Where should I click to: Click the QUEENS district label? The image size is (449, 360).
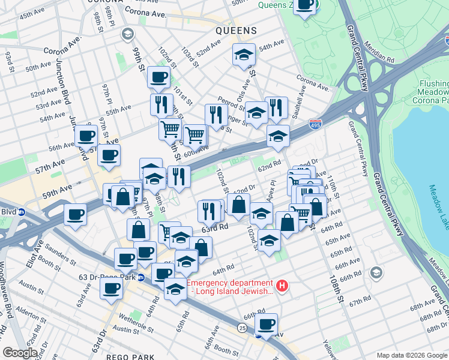(237, 30)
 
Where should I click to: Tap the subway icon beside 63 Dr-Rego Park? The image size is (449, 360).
(141, 277)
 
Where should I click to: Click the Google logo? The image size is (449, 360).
(19, 353)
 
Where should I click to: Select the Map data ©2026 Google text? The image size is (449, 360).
(411, 355)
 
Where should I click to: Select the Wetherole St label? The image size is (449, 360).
(137, 316)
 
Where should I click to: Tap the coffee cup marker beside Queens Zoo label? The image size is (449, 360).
(305, 5)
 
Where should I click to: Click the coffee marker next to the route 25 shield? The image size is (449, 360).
(266, 325)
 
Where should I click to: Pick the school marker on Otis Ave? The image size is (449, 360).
(244, 55)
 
